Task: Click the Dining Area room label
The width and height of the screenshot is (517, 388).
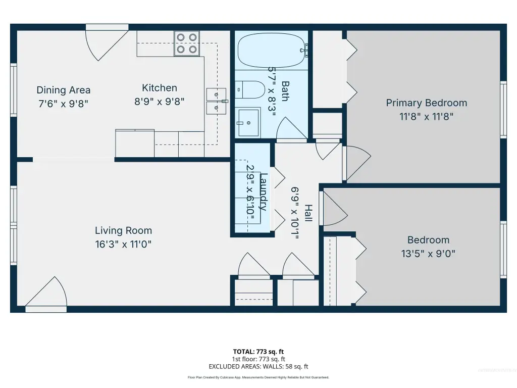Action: click(63, 90)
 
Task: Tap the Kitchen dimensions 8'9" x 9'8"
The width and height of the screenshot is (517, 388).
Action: click(159, 101)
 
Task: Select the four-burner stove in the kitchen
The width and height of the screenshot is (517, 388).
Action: click(187, 43)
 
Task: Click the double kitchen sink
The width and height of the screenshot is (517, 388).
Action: click(217, 101)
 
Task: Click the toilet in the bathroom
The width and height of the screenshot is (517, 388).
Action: click(250, 90)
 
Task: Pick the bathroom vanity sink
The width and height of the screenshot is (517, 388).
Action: click(248, 123)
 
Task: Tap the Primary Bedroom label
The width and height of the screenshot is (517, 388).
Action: click(426, 103)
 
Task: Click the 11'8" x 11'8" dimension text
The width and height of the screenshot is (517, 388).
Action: click(426, 117)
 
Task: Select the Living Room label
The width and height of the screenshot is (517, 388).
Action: click(123, 230)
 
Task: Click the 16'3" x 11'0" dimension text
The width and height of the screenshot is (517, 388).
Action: click(123, 244)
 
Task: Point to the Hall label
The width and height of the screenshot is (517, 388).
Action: click(308, 213)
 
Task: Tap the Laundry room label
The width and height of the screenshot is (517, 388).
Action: click(263, 191)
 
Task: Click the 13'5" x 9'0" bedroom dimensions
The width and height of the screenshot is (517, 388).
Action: click(428, 254)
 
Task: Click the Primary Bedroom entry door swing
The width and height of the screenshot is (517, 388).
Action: click(357, 164)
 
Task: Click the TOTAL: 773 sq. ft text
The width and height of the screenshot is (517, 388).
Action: click(258, 352)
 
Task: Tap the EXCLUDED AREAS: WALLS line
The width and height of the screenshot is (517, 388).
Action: click(258, 367)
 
